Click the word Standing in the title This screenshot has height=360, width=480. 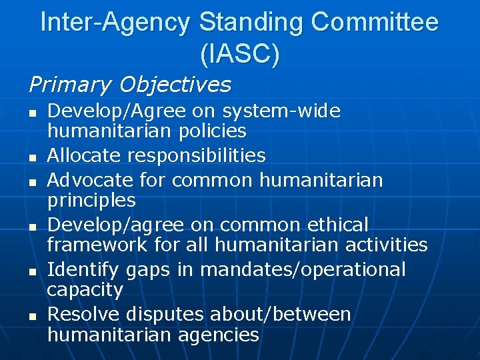click(x=253, y=23)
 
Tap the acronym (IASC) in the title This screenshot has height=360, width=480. click(x=239, y=55)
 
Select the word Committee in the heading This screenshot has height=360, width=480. click(x=376, y=23)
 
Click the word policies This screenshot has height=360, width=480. click(x=214, y=131)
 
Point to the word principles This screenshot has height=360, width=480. click(x=91, y=200)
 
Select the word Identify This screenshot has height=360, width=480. click(x=85, y=269)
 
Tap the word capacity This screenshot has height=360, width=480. click(x=85, y=290)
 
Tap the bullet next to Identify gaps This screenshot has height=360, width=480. click(x=32, y=271)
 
